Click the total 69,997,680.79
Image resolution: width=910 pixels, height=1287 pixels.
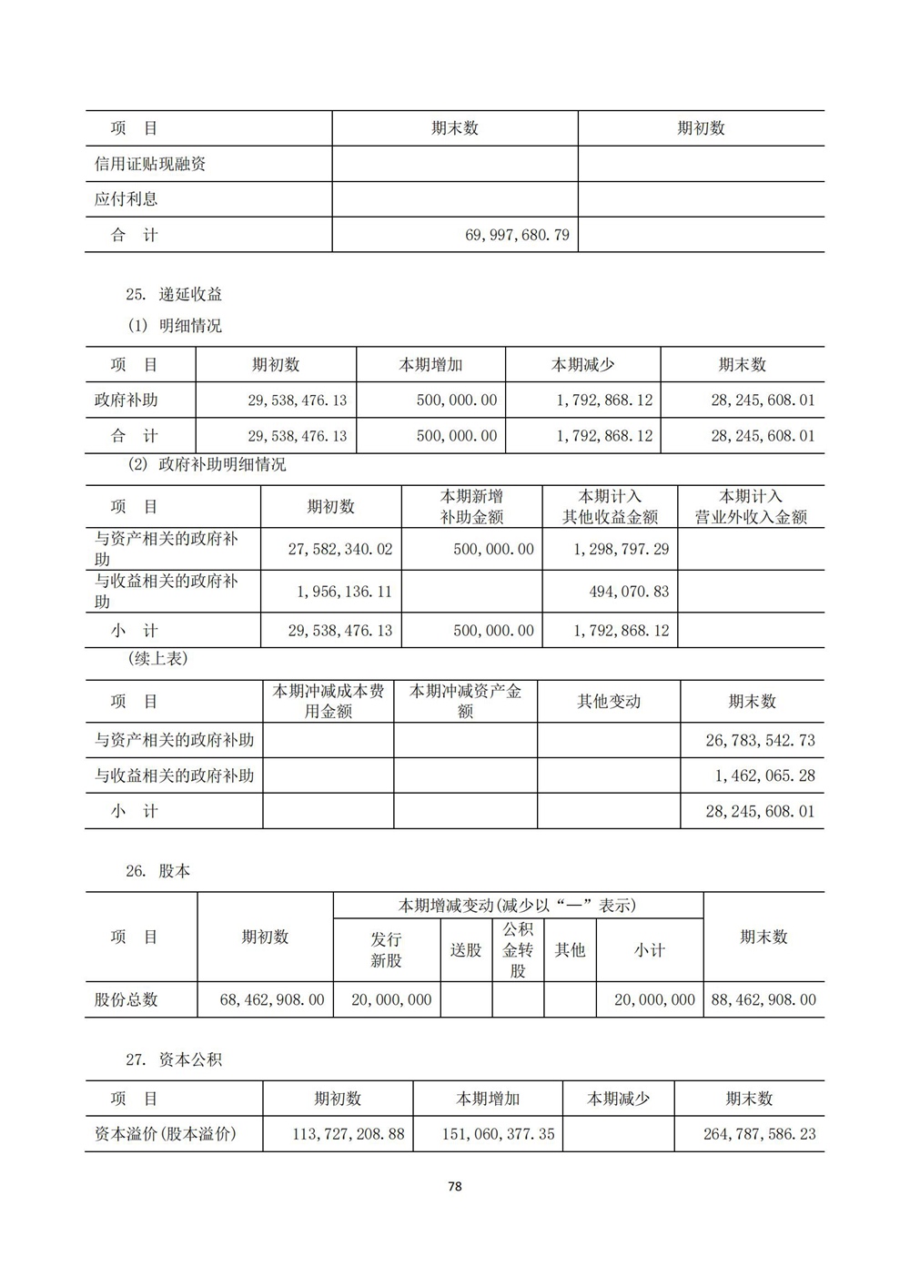pyautogui.click(x=517, y=235)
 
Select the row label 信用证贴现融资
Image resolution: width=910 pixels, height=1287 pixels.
pyautogui.click(x=150, y=164)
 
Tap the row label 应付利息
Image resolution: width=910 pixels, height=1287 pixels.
pyautogui.click(x=126, y=199)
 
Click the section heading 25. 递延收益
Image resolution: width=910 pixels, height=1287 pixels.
pyautogui.click(x=174, y=294)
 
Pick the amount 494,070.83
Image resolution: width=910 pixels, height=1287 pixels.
pyautogui.click(x=629, y=592)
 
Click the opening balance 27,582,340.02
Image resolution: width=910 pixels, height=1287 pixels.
pyautogui.click(x=339, y=550)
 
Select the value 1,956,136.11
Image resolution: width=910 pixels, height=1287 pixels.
pyautogui.click(x=344, y=592)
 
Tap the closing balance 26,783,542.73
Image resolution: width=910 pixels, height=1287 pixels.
pyautogui.click(x=760, y=740)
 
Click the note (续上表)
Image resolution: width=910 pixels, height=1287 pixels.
pyautogui.click(x=157, y=659)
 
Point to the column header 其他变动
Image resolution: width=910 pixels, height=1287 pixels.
pyautogui.click(x=609, y=702)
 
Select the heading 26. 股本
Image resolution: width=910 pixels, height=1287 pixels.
pyautogui.click(x=158, y=871)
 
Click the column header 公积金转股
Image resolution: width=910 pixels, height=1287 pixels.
pyautogui.click(x=518, y=950)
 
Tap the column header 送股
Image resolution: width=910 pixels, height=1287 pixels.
pyautogui.click(x=466, y=950)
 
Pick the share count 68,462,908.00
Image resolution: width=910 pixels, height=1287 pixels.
pyautogui.click(x=272, y=999)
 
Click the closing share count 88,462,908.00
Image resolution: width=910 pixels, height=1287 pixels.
pyautogui.click(x=763, y=999)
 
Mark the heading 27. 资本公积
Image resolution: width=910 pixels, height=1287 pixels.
pyautogui.click(x=174, y=1059)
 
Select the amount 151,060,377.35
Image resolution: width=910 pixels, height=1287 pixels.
pyautogui.click(x=488, y=1135)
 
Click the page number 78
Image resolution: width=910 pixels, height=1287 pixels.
pyautogui.click(x=455, y=1186)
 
